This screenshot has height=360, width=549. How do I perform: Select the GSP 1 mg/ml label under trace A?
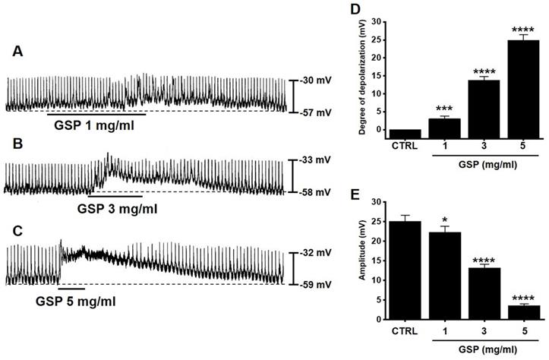coord(93,125)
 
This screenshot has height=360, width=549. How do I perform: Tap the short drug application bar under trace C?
coord(71,289)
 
